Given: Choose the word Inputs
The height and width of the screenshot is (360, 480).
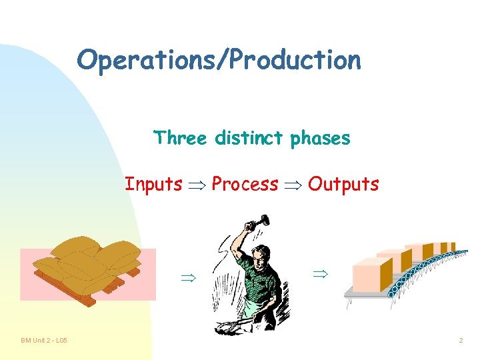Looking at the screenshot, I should [x=153, y=183].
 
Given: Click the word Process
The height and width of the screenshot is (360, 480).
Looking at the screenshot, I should [x=245, y=183].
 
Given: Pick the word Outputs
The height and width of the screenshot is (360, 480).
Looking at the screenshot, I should [x=343, y=183].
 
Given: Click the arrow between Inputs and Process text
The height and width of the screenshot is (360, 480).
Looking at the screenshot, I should [x=197, y=185].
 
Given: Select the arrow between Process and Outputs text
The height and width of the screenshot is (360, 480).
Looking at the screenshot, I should [x=293, y=185].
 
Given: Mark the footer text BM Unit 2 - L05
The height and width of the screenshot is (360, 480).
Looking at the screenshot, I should [x=43, y=341].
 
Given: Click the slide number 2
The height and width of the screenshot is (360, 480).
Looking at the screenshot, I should [x=460, y=341].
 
